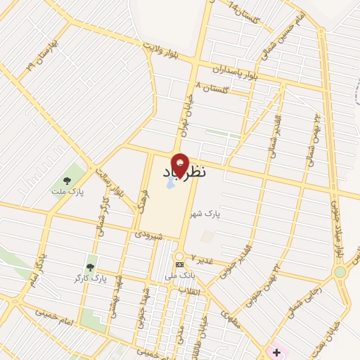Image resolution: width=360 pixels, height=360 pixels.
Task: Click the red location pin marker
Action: pyautogui.click(x=181, y=163)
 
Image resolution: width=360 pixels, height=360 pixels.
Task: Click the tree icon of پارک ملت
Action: pyautogui.click(x=67, y=178)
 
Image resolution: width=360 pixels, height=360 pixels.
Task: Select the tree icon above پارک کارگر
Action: pyautogui.click(x=90, y=266)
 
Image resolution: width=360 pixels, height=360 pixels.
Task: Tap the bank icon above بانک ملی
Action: pyautogui.click(x=179, y=265)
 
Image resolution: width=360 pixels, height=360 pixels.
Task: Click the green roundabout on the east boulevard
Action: pyautogui.click(x=340, y=271)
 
